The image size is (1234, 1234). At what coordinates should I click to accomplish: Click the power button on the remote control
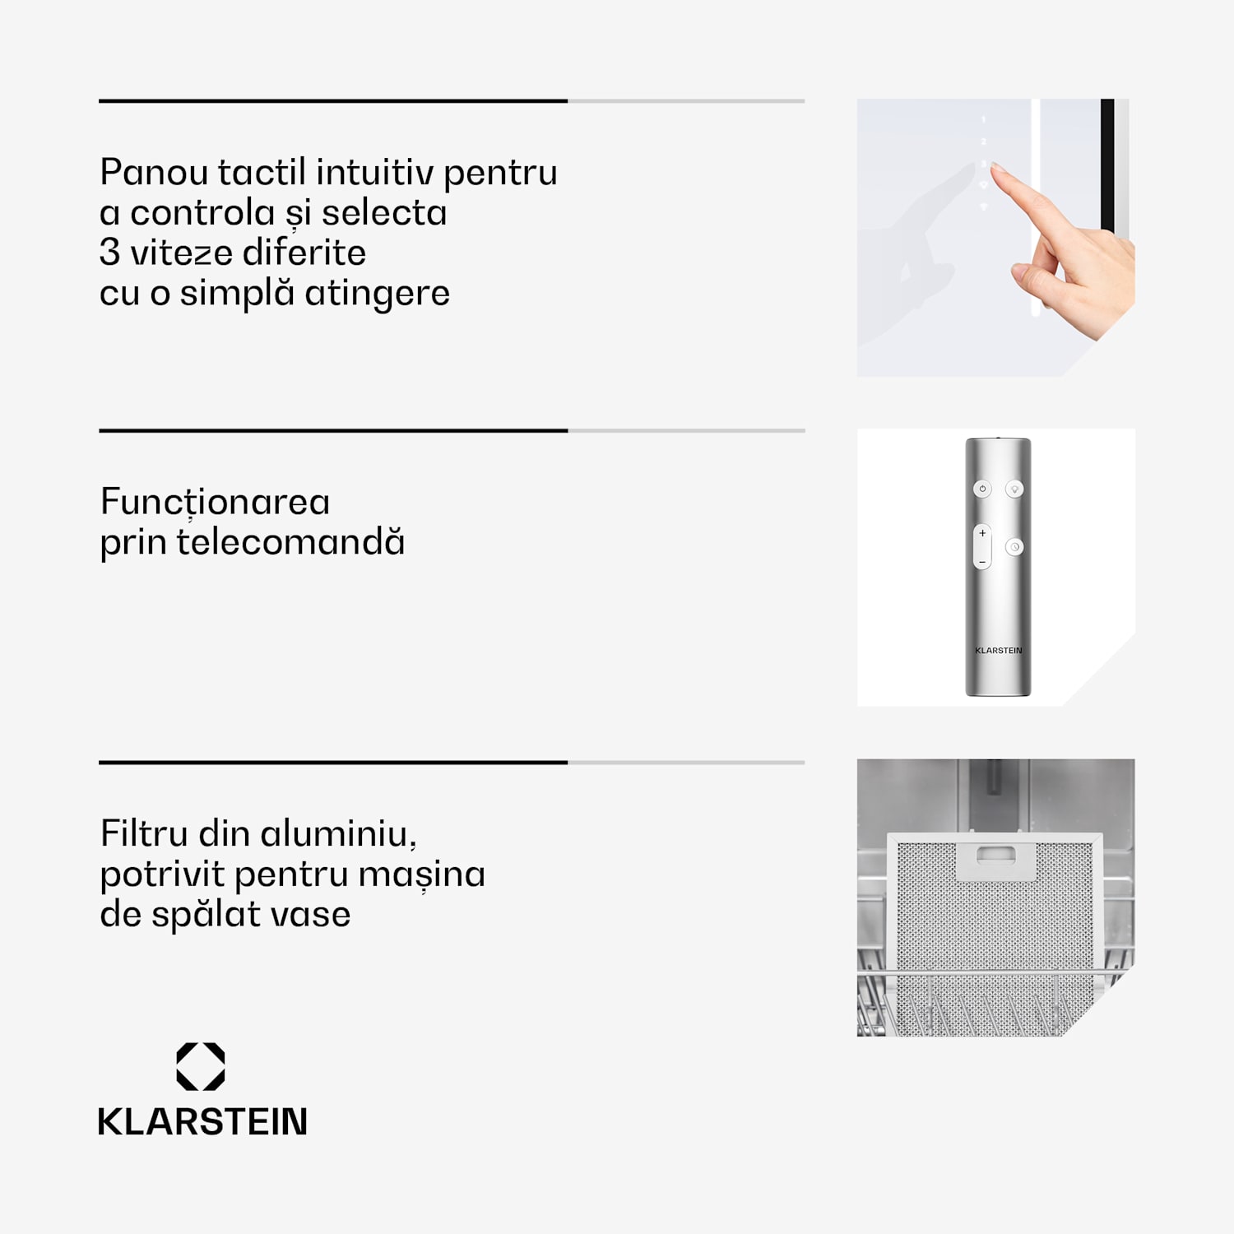pos(982,489)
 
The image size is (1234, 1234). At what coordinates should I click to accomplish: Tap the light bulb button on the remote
pos(1015,489)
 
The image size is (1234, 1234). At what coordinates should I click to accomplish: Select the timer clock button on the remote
pos(1015,547)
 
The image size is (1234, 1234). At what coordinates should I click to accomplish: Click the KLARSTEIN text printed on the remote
pos(999,650)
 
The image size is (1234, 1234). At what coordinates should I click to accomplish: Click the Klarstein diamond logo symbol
pos(201,1067)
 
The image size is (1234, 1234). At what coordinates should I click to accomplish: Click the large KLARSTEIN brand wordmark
pos(202,1122)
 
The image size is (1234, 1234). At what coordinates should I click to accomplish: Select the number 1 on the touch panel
pos(983,120)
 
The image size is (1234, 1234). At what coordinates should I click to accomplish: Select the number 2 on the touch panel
pos(983,141)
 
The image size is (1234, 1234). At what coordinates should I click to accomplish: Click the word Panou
pos(154,173)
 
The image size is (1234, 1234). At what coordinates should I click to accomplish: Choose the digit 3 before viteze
pos(109,253)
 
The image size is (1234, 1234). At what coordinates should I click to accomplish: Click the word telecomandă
pos(291,542)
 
